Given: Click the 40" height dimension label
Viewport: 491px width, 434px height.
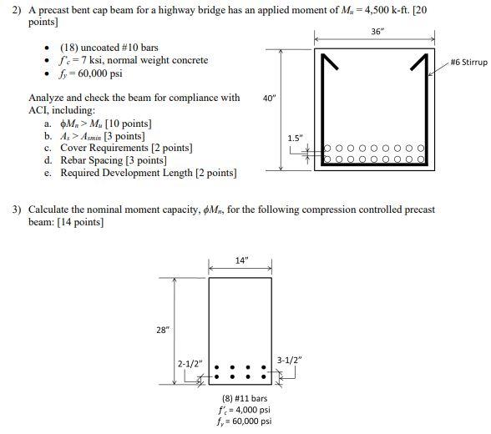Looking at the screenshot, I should (269, 98).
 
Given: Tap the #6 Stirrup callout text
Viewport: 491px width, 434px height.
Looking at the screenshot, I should (468, 63).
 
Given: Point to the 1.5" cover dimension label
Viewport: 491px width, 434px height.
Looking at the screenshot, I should (295, 138).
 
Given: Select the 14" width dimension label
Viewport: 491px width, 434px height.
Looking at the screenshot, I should (241, 260).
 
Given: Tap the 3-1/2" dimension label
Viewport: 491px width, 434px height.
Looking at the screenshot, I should (288, 360).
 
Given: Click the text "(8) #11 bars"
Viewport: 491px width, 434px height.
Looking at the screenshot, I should (245, 398).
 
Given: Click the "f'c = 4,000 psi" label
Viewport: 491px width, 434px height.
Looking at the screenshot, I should (245, 410).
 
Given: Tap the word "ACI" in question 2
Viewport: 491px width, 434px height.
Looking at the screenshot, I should (39, 110).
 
